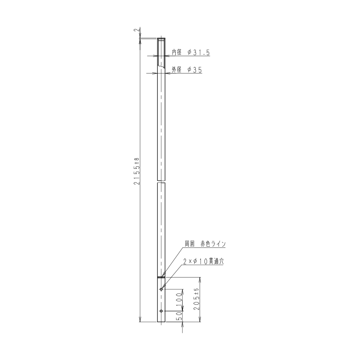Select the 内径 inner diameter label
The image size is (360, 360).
(x=177, y=52)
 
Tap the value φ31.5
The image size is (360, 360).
(x=199, y=53)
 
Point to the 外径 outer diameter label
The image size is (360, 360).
(x=177, y=70)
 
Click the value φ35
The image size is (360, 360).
(x=195, y=70)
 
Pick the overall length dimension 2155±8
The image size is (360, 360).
(x=137, y=171)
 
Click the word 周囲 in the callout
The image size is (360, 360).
(x=190, y=244)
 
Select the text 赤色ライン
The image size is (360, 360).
(x=213, y=244)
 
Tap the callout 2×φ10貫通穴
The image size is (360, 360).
(x=203, y=261)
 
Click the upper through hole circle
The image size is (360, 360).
(x=161, y=289)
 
